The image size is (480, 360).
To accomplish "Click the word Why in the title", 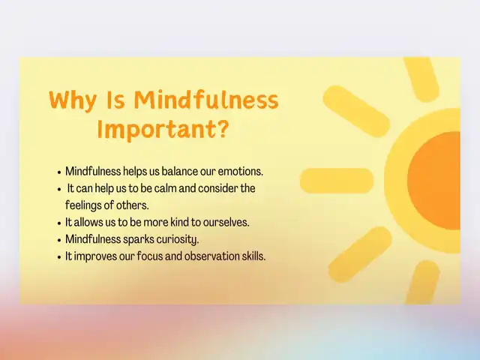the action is point(73,100).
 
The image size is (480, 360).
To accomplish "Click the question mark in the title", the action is point(223,128).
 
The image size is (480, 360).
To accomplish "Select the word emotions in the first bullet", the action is point(240,172).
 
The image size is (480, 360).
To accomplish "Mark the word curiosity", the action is point(178,239).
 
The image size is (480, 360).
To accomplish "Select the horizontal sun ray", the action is point(337,181).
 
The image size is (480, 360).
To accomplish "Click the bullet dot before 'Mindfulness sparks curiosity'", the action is point(60,240).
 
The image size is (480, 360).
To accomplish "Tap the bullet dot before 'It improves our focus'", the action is point(60,257).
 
